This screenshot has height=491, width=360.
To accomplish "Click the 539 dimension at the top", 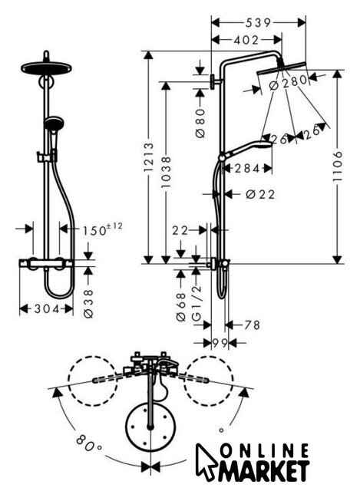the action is (x=258, y=22).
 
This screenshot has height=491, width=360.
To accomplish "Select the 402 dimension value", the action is (x=247, y=40).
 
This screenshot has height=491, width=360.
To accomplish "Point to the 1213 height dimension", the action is (x=148, y=157).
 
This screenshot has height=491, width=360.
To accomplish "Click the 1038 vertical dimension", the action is (x=166, y=173).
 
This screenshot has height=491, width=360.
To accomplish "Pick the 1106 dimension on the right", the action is (x=338, y=166).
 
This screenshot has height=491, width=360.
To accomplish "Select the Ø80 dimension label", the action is (x=200, y=123).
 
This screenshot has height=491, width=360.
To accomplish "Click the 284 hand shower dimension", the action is (x=247, y=169).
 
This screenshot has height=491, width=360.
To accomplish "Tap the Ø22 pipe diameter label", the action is (x=260, y=194).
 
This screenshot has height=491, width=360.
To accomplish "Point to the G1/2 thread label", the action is (x=196, y=303).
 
